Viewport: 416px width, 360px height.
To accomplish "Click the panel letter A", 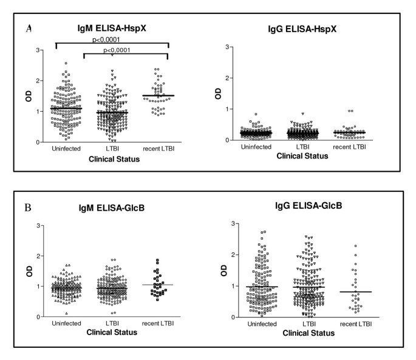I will point(30,27).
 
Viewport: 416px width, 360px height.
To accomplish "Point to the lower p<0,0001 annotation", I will point(124,50).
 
